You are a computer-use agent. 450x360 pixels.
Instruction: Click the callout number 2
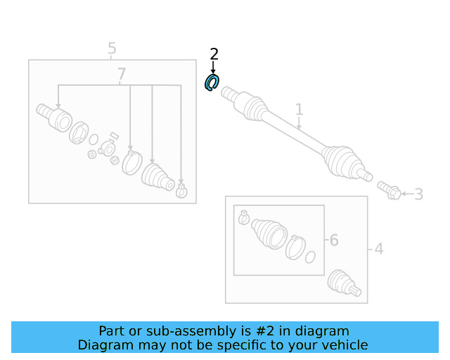click(214, 54)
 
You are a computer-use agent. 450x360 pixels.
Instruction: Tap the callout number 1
click(300, 110)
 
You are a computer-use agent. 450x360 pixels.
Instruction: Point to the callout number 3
click(419, 194)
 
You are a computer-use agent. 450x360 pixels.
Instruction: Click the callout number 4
click(379, 249)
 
